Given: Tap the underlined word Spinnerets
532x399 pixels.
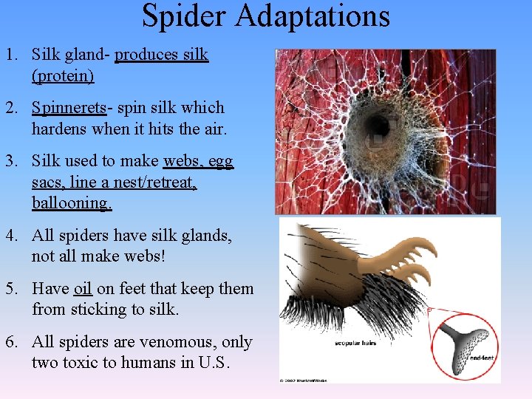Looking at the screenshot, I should pyautogui.click(x=69, y=108).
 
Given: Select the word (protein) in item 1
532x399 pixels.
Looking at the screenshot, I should pyautogui.click(x=63, y=75).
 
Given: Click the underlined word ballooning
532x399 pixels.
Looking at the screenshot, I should pyautogui.click(x=72, y=202).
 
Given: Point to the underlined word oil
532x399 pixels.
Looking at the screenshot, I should pyautogui.click(x=82, y=289).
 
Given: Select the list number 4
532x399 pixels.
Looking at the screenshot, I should pyautogui.click(x=11, y=236).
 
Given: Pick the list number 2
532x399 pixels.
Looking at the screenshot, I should pyautogui.click(x=11, y=108).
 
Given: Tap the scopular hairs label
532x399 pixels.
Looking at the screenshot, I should pyautogui.click(x=358, y=344).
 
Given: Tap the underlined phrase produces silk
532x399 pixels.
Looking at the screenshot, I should pyautogui.click(x=162, y=55).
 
